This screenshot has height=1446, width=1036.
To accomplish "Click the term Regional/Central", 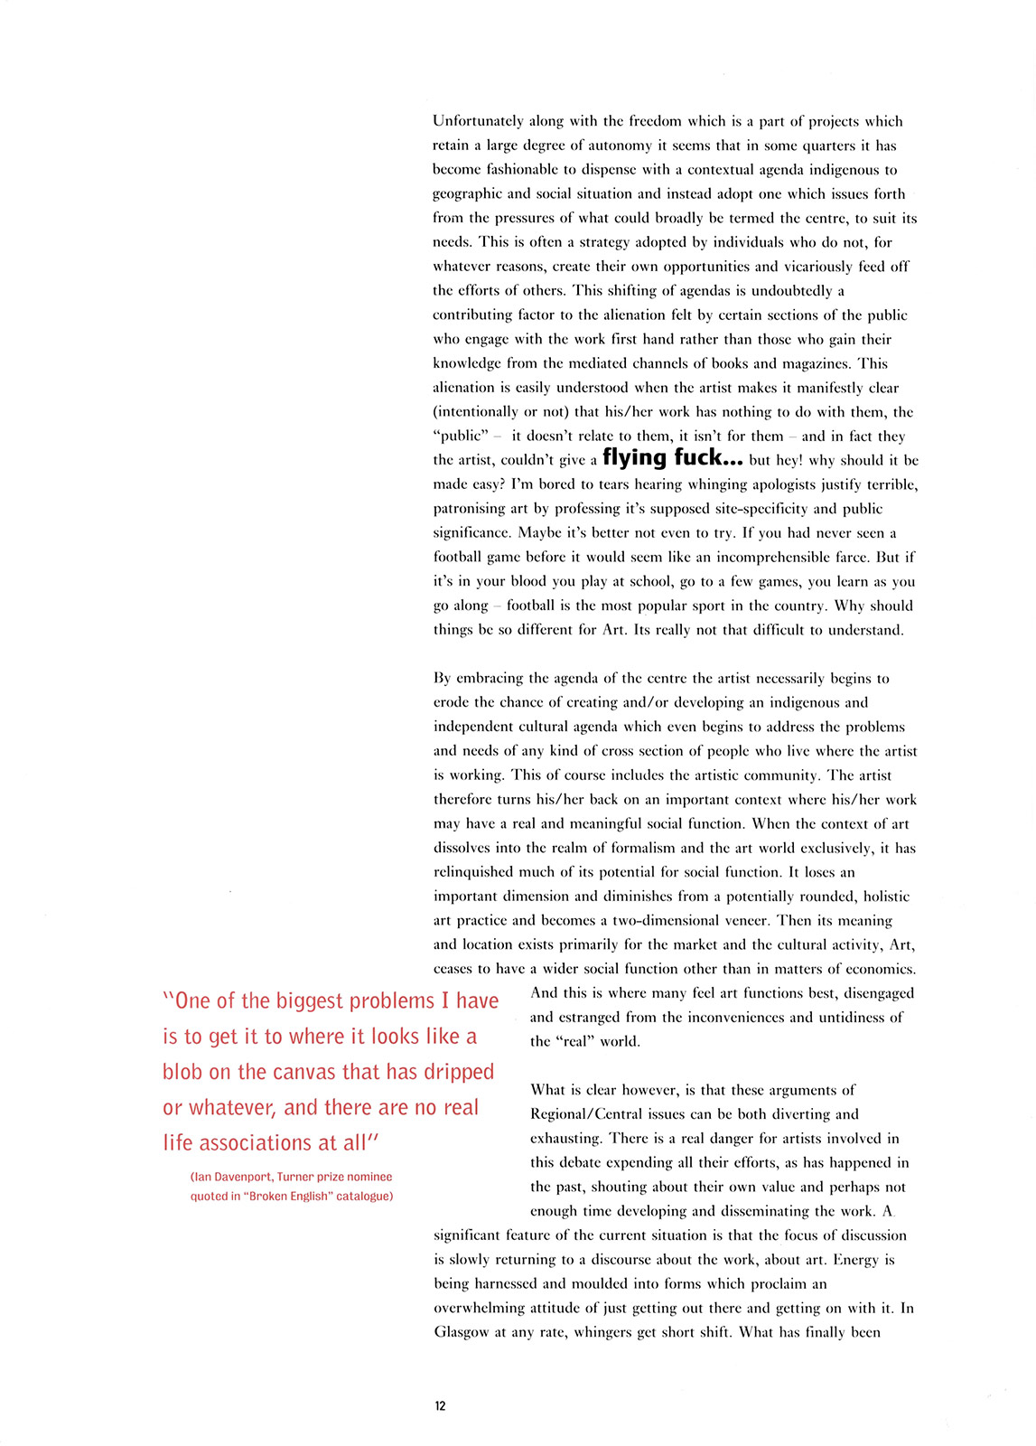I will point(588,1114).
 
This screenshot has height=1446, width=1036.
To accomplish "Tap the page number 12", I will point(440,1406).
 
